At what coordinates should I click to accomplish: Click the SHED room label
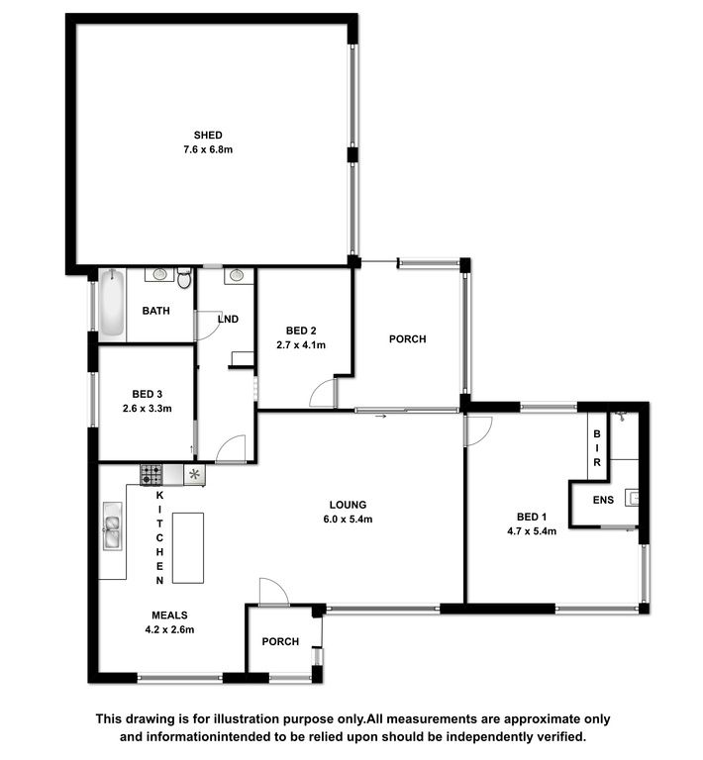[208, 136]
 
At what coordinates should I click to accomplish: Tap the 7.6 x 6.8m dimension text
[208, 149]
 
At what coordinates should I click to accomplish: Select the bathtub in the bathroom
[113, 303]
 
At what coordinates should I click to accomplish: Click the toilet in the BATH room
[184, 278]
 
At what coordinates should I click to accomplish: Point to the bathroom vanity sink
[159, 274]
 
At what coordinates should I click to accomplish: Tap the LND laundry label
[228, 319]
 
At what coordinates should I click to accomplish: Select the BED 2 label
[301, 331]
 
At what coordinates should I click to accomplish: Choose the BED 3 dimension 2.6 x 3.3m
[147, 409]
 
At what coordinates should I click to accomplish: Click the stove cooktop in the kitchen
[151, 475]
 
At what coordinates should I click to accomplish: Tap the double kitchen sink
[113, 526]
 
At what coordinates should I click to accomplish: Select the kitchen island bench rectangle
[188, 547]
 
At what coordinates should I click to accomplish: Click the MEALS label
[169, 616]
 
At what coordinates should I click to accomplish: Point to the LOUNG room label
[348, 505]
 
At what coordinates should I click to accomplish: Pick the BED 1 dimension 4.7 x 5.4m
[532, 531]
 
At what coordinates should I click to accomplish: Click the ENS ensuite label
[603, 500]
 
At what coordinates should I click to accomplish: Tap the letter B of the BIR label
[597, 433]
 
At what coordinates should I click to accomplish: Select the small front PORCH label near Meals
[280, 641]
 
